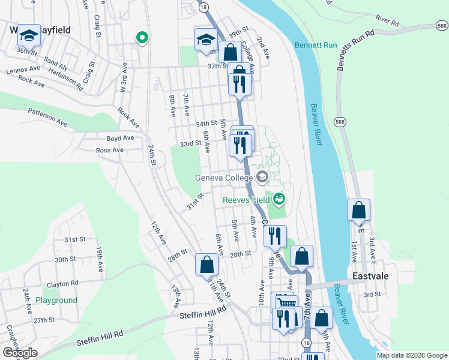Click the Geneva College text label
(224, 177)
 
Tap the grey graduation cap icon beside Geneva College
(262, 177)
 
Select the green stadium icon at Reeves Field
(279, 198)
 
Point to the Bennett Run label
(315, 45)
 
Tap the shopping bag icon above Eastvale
(358, 211)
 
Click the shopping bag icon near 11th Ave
(206, 264)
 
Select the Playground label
(56, 300)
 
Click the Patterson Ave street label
(47, 116)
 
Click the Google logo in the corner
(20, 353)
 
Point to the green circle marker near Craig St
(142, 38)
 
